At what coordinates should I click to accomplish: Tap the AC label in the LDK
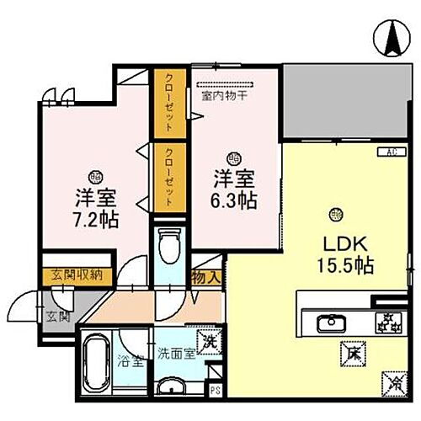coord(392,152)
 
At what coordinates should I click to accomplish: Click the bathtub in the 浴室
coord(99,361)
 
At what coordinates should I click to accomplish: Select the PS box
coord(215,390)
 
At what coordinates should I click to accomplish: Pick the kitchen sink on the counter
coord(328,323)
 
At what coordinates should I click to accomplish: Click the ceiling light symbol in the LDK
coord(337,212)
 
